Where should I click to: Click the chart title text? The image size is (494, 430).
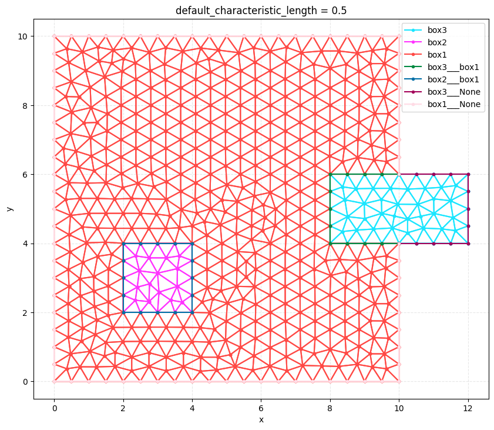tap(261, 11)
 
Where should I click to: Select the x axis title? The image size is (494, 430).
tap(261, 419)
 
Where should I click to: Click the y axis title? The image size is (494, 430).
tap(10, 209)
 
